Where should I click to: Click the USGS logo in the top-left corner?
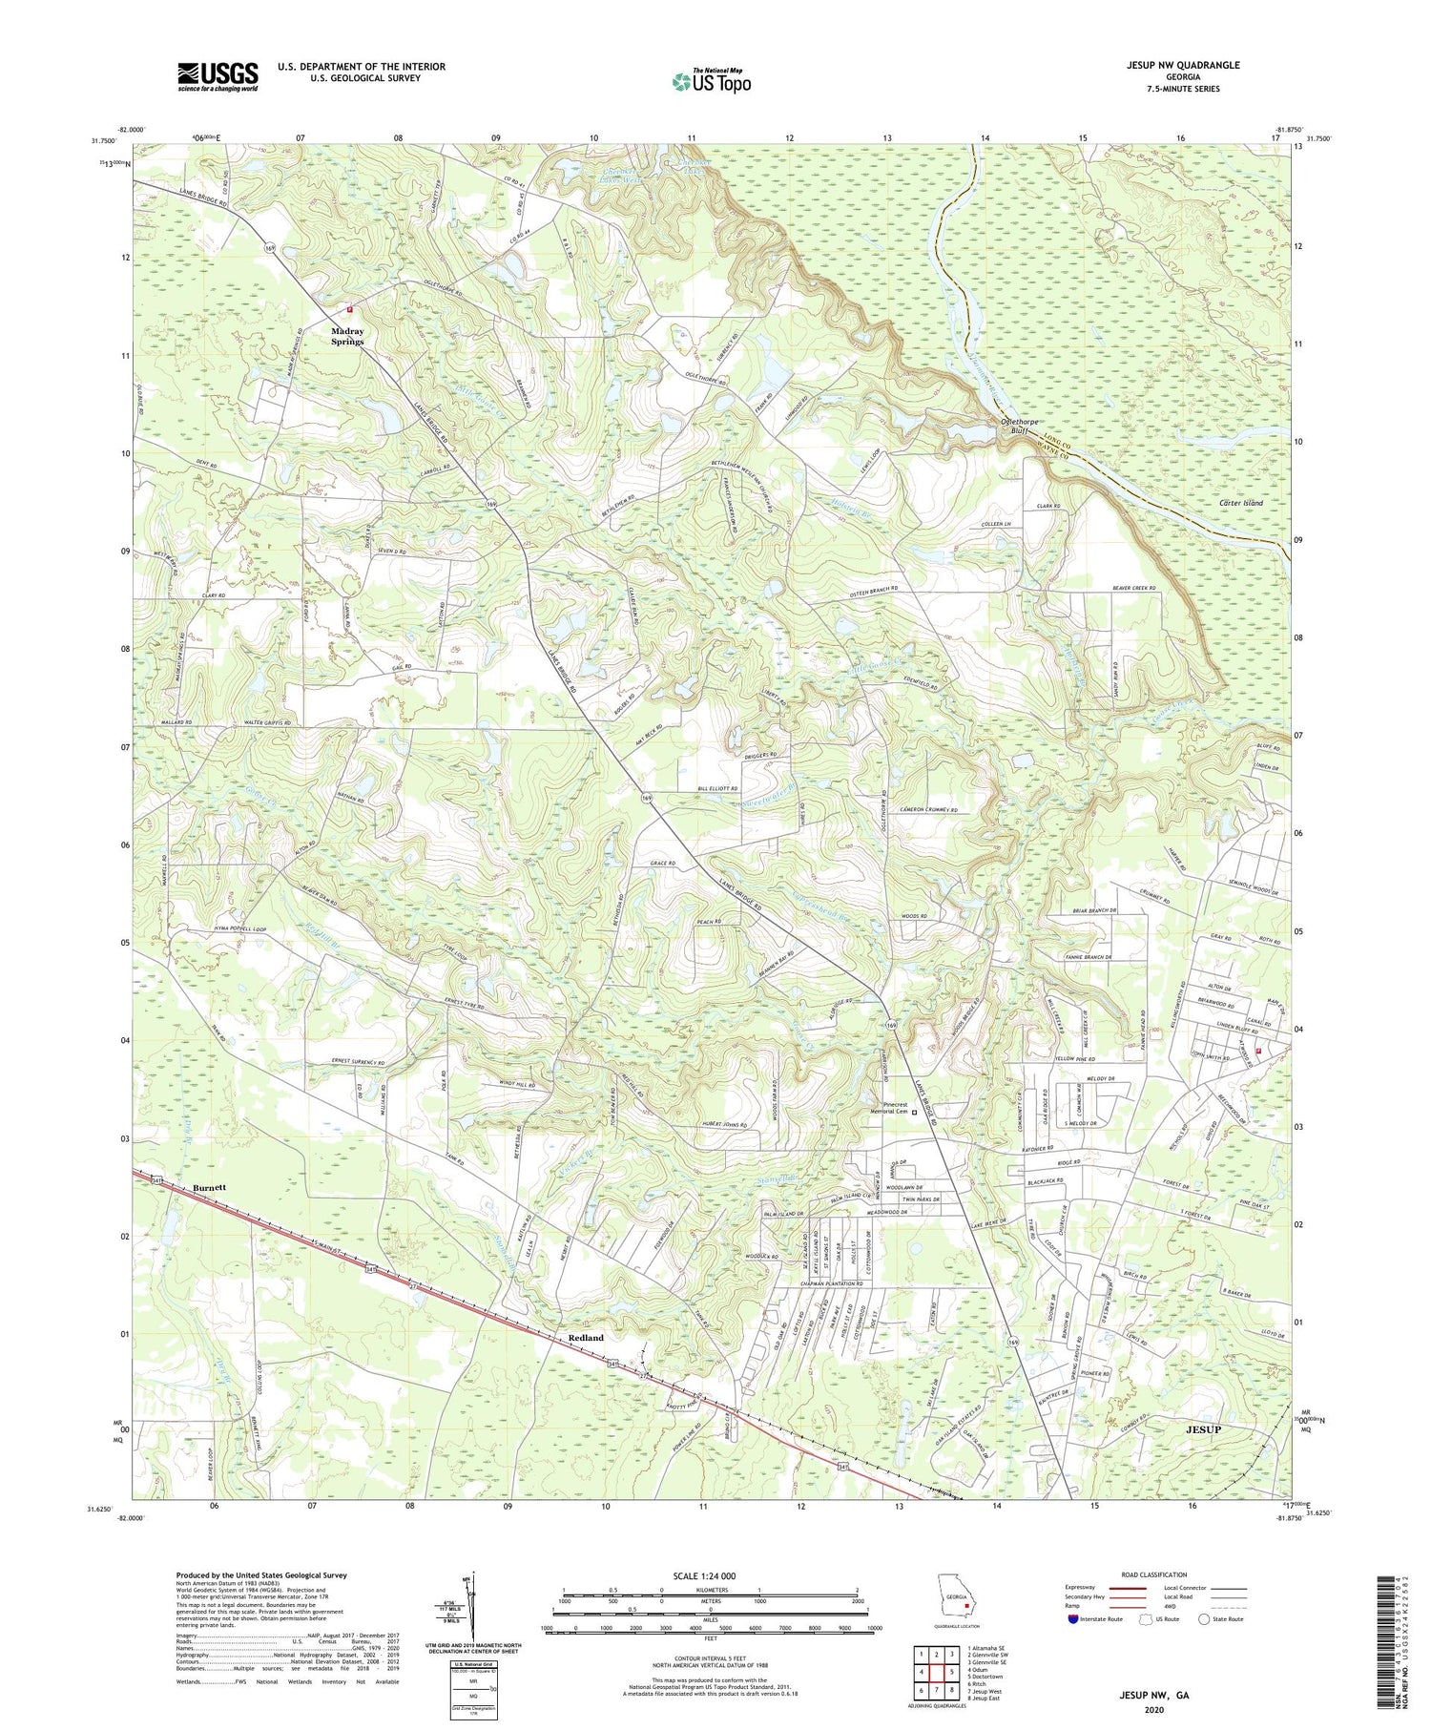point(218,76)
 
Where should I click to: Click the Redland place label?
point(586,1338)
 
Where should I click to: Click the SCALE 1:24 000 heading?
point(710,1575)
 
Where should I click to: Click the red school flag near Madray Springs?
point(349,309)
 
